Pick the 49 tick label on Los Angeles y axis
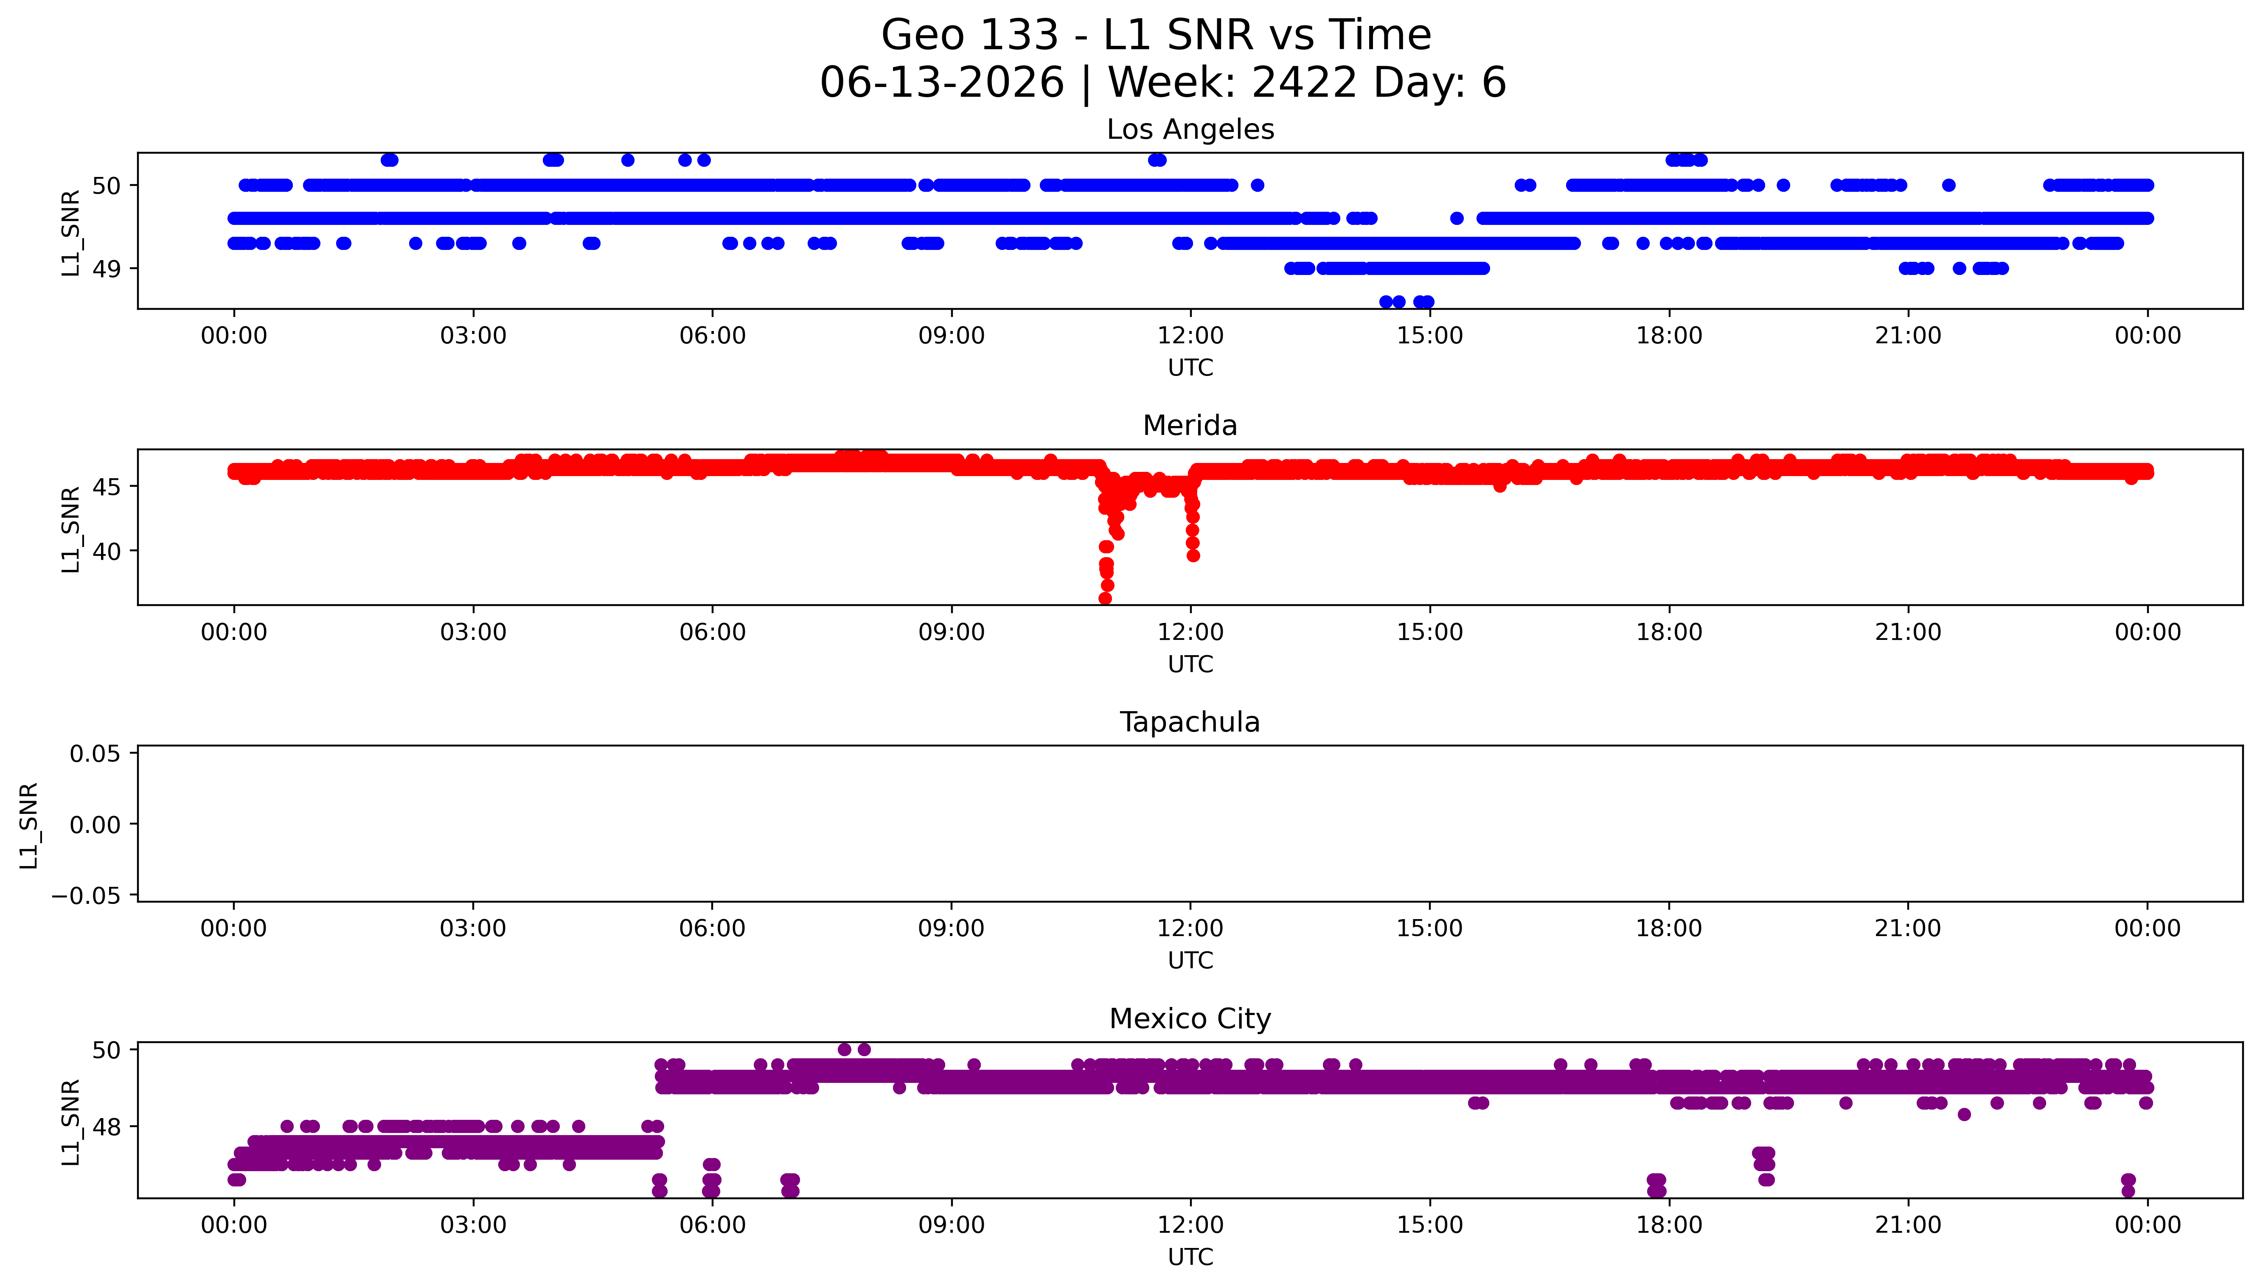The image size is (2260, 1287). click(x=107, y=269)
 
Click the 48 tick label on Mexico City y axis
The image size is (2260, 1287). click(x=107, y=1127)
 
